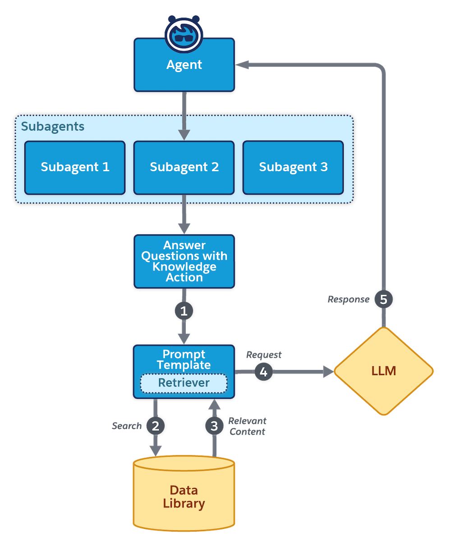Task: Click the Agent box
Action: point(184,65)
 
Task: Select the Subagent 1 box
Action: point(75,167)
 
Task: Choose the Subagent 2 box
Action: point(184,167)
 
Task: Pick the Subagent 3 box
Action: point(293,167)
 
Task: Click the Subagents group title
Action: point(53,127)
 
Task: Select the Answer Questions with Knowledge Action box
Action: point(184,261)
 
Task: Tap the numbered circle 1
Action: point(184,311)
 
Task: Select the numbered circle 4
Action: point(264,372)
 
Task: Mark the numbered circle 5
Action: point(383,300)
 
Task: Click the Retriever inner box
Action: point(184,383)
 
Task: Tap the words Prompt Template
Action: point(184,360)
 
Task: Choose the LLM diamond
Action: point(383,371)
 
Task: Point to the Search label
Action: point(127,426)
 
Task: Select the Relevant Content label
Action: point(247,426)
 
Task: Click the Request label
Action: point(264,355)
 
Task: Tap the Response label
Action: point(349,300)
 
